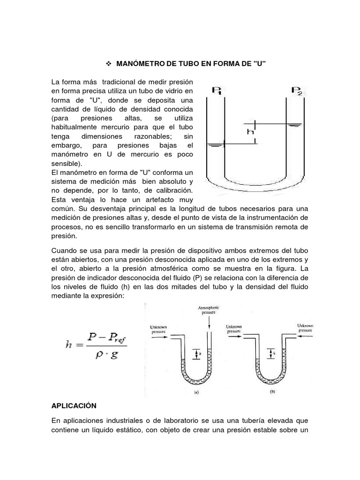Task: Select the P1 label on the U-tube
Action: coord(217,90)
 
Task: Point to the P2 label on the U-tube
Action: coord(297,90)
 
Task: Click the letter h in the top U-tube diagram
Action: coord(250,132)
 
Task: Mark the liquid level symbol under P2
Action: coord(295,125)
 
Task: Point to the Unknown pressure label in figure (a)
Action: coord(157,329)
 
